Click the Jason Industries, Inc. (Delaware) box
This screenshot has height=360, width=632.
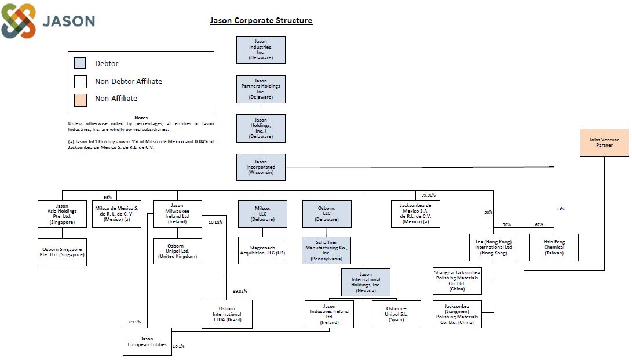(x=261, y=50)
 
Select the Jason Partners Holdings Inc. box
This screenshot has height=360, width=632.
(x=261, y=89)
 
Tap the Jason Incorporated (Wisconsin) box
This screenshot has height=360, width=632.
(x=261, y=167)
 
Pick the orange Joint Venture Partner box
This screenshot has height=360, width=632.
(x=604, y=143)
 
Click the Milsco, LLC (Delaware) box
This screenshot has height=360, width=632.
(x=262, y=213)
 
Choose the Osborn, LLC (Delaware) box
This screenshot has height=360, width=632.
(x=326, y=213)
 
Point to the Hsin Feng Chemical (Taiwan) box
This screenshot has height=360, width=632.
(x=554, y=247)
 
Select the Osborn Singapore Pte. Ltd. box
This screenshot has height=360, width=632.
(x=62, y=252)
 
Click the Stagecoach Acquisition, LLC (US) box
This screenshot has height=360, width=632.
(x=262, y=250)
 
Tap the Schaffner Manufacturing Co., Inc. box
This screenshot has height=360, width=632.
(x=326, y=250)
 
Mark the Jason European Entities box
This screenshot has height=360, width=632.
(x=147, y=342)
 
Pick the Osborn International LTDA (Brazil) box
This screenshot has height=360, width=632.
(x=227, y=314)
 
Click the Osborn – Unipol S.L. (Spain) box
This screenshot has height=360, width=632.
(x=396, y=314)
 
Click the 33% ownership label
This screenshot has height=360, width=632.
(x=560, y=209)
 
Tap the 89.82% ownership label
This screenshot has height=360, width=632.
(x=240, y=291)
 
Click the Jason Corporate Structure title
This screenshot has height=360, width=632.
(x=261, y=21)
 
